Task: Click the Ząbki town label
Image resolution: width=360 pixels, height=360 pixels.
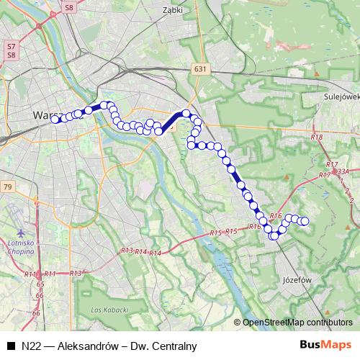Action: click(173, 11)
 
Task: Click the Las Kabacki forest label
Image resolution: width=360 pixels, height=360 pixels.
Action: click(110, 310)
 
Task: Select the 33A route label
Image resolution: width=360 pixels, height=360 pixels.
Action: click(343, 172)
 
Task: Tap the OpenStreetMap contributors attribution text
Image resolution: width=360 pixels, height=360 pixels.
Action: click(298, 323)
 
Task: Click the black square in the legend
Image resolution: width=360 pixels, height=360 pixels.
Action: click(10, 346)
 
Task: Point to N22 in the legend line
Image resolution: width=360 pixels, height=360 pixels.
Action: click(31, 346)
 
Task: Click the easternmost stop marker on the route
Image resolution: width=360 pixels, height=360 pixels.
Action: click(305, 221)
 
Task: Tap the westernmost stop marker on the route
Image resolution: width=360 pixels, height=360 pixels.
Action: click(55, 120)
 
